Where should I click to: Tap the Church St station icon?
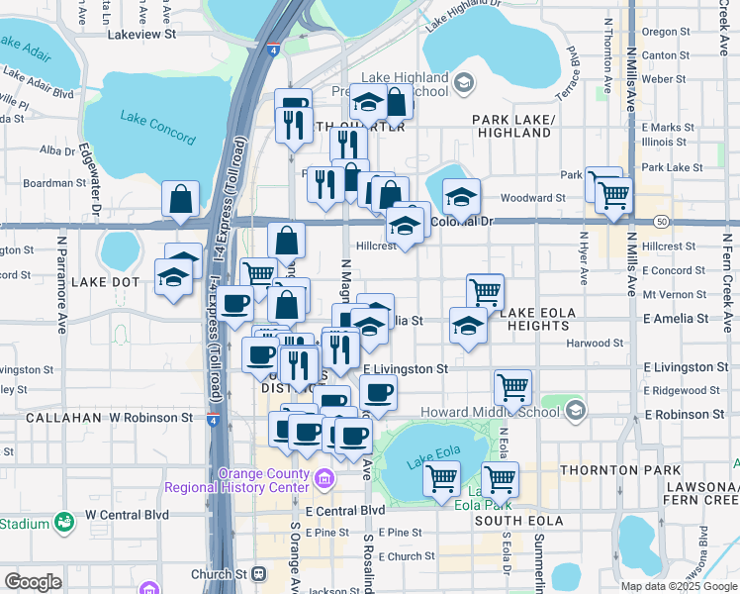coord(259,573)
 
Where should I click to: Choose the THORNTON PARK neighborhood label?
coord(620,469)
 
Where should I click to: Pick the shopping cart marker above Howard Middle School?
coord(512,388)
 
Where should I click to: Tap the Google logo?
coord(33,581)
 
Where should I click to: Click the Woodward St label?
coord(532,198)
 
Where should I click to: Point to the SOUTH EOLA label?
coord(512,520)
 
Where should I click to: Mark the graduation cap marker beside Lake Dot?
coord(174,279)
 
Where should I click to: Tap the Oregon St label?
coord(665,32)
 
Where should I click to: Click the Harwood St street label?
coord(596,344)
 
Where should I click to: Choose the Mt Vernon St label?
coord(674,294)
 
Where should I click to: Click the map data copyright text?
coord(678,585)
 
